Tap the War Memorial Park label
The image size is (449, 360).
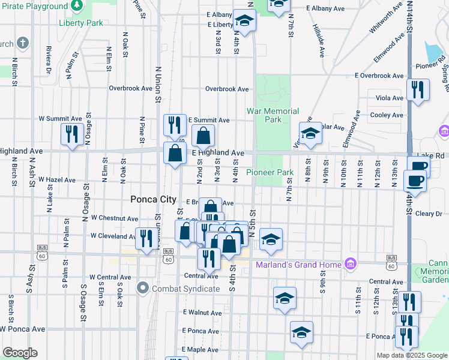coord(273,115)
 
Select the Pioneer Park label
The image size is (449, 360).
coord(270,172)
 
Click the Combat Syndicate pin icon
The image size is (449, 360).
coord(143,289)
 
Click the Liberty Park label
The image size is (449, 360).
coord(81,23)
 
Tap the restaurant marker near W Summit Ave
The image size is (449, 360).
coord(73,134)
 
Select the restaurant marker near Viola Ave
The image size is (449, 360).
coord(418,89)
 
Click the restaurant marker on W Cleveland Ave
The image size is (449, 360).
coord(146,238)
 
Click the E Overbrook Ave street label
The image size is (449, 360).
coord(379,76)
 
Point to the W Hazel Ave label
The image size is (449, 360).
coord(57,179)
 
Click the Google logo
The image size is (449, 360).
coord(20,353)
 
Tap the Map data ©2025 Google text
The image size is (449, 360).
coord(411,355)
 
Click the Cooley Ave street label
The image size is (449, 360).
coord(387,115)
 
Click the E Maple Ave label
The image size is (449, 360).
coord(200,349)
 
